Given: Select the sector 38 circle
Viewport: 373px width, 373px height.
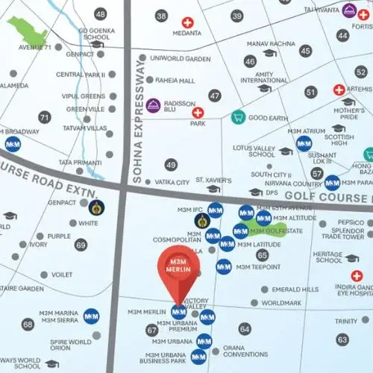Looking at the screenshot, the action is click(161, 16).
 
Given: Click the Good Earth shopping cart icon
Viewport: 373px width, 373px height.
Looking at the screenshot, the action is click(238, 117).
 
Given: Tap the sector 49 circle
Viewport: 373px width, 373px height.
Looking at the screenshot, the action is click(171, 165).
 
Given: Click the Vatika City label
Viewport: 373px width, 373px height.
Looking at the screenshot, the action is click(172, 182).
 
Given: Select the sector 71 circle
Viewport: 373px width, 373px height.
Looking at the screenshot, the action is click(45, 117).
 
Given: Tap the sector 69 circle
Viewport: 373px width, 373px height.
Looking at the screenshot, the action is click(81, 244).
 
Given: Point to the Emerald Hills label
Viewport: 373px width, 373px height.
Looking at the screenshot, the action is click(295, 289).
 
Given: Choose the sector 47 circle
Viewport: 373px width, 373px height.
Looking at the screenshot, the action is click(215, 95).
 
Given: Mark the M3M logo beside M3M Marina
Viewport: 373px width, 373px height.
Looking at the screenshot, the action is click(92, 316).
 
